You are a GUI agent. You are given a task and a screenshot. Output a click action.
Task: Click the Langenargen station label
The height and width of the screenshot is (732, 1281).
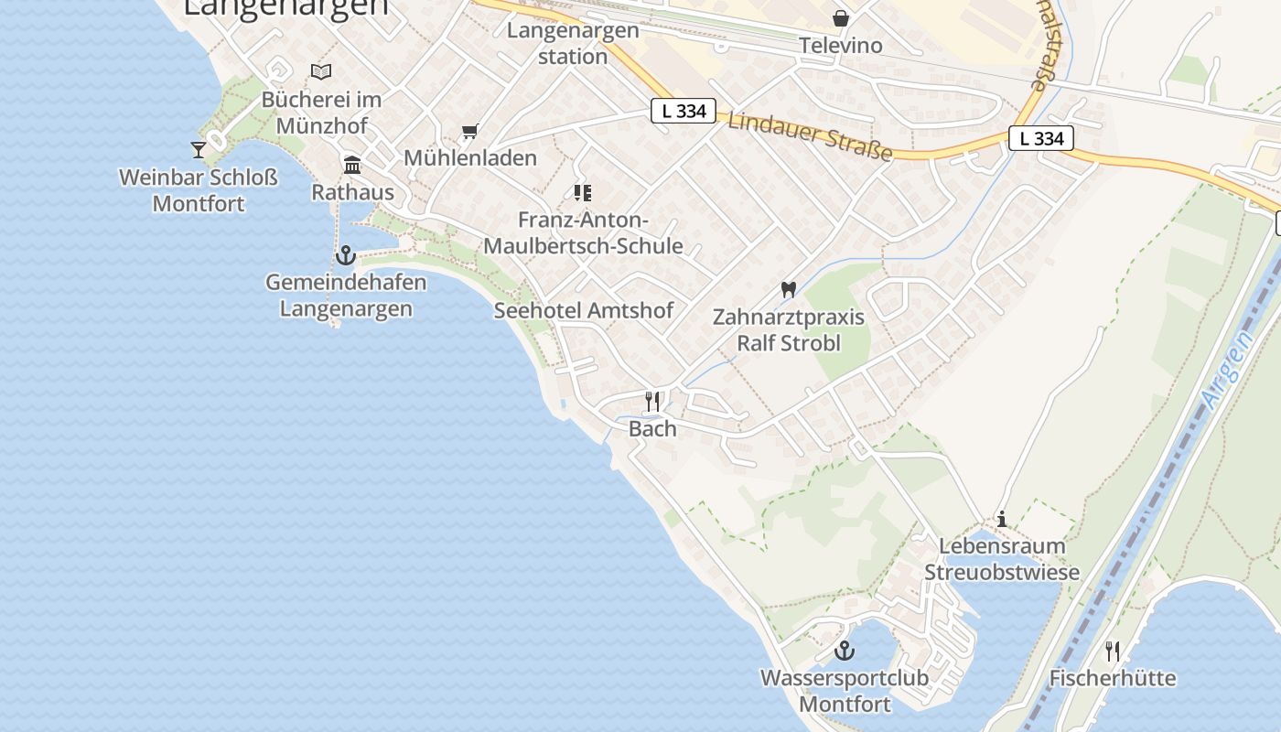pos(573,43)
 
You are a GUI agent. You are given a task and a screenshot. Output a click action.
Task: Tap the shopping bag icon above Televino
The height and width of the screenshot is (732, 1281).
pos(840,18)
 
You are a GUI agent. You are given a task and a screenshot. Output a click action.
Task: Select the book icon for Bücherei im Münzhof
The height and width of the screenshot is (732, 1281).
pos(321,71)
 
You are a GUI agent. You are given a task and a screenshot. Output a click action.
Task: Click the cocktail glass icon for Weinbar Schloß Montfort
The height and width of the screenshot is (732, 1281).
pos(199,149)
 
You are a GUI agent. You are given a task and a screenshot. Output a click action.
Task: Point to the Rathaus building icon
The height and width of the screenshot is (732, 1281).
pos(352,166)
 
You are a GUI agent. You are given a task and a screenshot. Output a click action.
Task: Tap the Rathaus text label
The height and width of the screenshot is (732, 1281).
pos(352,192)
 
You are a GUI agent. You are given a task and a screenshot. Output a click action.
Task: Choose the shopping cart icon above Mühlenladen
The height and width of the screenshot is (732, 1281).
pos(470,132)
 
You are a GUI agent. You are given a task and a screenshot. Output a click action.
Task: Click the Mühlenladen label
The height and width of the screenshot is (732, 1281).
pos(470,157)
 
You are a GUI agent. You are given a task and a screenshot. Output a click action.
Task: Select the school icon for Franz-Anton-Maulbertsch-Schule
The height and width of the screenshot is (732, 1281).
pos(583,193)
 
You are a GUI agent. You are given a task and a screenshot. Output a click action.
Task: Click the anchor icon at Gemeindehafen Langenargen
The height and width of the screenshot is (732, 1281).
pos(346,254)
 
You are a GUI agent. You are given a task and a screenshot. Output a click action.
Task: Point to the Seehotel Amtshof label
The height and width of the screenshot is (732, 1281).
pos(584,310)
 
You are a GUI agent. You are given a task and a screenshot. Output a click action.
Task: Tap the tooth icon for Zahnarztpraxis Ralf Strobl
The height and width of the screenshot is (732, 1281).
pos(788,290)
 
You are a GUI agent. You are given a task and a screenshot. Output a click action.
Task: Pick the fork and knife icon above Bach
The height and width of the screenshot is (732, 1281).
pos(652,401)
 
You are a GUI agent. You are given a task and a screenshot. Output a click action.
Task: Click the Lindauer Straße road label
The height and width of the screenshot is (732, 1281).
pos(810,135)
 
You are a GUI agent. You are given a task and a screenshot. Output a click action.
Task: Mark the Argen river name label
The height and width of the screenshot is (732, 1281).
pos(1229,371)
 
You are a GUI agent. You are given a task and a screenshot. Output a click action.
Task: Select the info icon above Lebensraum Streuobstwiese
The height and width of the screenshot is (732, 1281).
pos(1002,520)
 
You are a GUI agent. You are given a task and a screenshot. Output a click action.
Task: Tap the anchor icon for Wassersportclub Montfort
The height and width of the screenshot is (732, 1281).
pos(845,651)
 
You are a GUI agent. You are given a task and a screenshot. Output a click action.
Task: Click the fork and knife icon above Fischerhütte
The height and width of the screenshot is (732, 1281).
pos(1113,651)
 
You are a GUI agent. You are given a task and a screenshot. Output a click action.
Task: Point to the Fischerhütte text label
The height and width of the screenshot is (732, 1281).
pos(1113,678)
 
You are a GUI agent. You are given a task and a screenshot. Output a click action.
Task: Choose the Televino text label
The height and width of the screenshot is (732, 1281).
pos(841,45)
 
